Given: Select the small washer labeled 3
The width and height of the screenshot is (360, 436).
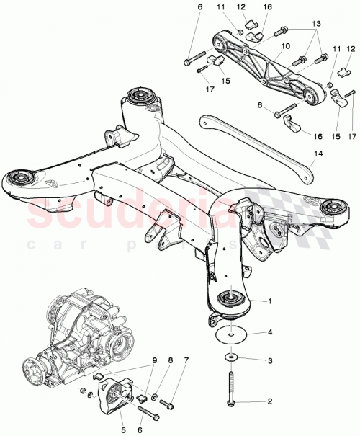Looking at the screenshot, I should (x=230, y=357).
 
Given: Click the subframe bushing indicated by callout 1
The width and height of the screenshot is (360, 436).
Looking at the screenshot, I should (x=230, y=298).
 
